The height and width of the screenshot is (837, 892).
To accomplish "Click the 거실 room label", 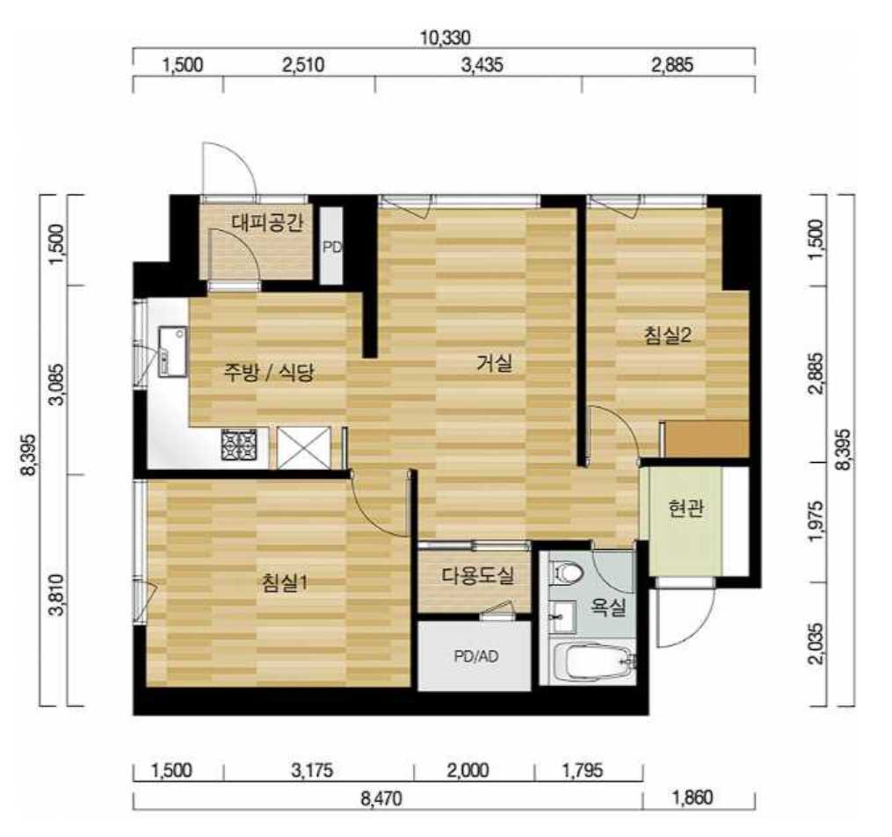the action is pos(495,362).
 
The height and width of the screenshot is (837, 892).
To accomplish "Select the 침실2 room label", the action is pos(667,335).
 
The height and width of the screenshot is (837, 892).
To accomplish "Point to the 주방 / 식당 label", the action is pos(269,372).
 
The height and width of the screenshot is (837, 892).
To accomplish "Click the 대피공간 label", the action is pos(267,222).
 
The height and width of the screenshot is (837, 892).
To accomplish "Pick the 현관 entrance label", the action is pos(686,508).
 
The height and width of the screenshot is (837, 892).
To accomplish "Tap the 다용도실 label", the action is pos(478,575).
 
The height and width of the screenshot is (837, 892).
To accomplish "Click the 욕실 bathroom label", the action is pos(607,607).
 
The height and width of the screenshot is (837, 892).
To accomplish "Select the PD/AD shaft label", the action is pos(476,657).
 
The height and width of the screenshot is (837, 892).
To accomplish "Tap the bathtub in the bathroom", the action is pos(594,662).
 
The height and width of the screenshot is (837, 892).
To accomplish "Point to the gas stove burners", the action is pos(239,444).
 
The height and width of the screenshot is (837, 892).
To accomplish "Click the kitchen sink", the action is pos(173,350).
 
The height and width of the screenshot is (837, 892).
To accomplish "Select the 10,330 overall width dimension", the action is pos(445,38).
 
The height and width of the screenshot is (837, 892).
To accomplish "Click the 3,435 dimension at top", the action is pos(482,65).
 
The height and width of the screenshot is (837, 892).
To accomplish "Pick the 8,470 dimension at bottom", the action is pos(381,797).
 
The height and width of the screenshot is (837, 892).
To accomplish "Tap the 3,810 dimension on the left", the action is pos(57,595).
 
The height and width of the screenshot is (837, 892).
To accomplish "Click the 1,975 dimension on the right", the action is pos(816,522).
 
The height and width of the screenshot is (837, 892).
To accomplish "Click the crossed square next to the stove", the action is pos(304,448).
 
